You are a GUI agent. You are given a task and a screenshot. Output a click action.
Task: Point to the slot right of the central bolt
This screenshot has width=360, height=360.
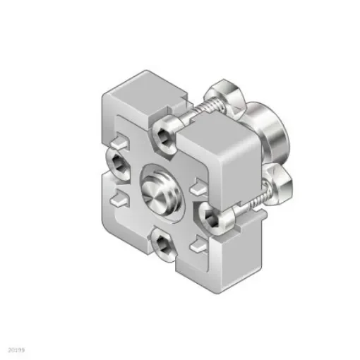click(x=196, y=187)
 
